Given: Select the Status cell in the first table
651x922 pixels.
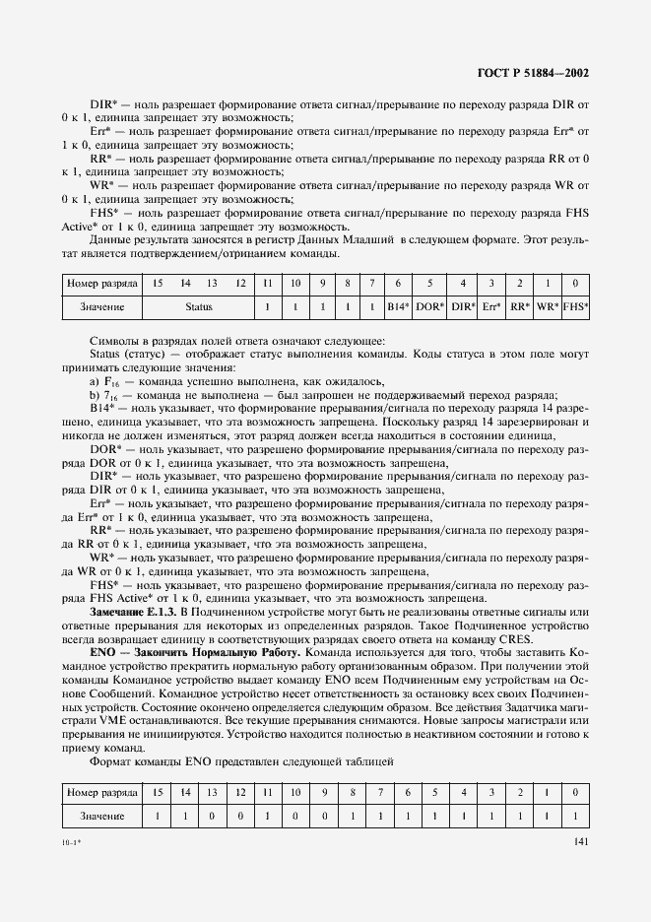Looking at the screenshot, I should coord(198,307).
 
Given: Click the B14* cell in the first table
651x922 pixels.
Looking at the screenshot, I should coord(399,307).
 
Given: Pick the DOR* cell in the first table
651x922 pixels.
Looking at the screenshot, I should coord(430,307).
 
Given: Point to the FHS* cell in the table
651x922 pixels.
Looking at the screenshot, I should coord(575,307).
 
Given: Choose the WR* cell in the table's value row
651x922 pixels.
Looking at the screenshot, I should coord(548,307).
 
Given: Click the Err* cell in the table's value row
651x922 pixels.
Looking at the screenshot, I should coord(492,307).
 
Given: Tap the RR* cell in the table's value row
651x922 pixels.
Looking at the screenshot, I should coord(520,307).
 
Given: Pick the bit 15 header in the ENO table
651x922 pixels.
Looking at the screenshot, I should coord(157,792).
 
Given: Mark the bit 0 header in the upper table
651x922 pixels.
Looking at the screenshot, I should coord(575,284).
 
